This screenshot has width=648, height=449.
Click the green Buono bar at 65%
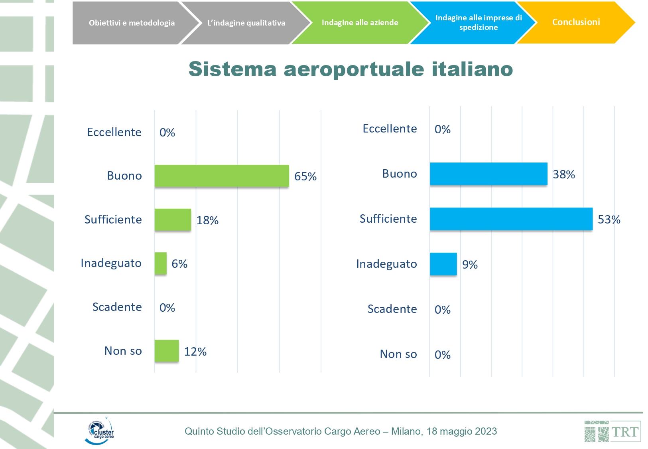tap(222, 176)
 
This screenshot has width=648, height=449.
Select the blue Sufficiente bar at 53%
tap(511, 219)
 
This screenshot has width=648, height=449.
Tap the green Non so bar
tap(167, 351)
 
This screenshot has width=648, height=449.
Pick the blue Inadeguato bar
tap(443, 264)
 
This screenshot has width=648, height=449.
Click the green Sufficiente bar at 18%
tap(173, 220)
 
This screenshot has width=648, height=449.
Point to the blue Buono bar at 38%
tap(488, 174)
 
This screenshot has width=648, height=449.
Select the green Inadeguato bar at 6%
tap(161, 263)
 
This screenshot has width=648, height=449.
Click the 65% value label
tap(305, 176)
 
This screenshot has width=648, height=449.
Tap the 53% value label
tap(609, 220)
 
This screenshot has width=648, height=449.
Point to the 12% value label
tap(195, 352)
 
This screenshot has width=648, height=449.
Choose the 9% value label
tap(470, 265)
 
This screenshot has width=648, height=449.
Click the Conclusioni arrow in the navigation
tap(576, 22)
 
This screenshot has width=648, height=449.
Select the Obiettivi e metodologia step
tap(132, 23)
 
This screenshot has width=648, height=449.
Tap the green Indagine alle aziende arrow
tap(360, 23)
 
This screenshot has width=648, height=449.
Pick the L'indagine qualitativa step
tap(246, 23)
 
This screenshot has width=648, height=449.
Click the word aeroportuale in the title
tap(354, 69)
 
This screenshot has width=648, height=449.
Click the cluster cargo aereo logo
tap(100, 431)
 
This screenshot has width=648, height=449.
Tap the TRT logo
tap(612, 431)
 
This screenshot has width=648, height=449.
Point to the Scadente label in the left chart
tap(117, 307)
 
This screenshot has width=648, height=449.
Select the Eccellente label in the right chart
tap(390, 129)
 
